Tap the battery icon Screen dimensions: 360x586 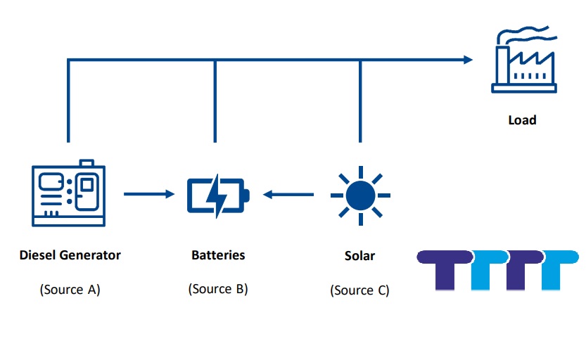[217, 194]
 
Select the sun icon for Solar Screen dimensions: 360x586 [360, 194]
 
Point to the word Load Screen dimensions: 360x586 [522, 120]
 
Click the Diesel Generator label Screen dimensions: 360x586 [70, 255]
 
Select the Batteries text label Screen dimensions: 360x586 [218, 255]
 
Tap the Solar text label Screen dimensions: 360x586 [359, 256]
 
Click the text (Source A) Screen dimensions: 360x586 [70, 289]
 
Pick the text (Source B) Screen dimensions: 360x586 [218, 289]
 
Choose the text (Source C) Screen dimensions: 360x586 [359, 290]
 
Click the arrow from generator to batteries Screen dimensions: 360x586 [148, 193]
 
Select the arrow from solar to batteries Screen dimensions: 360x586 [289, 193]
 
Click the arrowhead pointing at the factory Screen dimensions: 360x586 [469, 60]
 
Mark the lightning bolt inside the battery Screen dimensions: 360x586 [215, 194]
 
